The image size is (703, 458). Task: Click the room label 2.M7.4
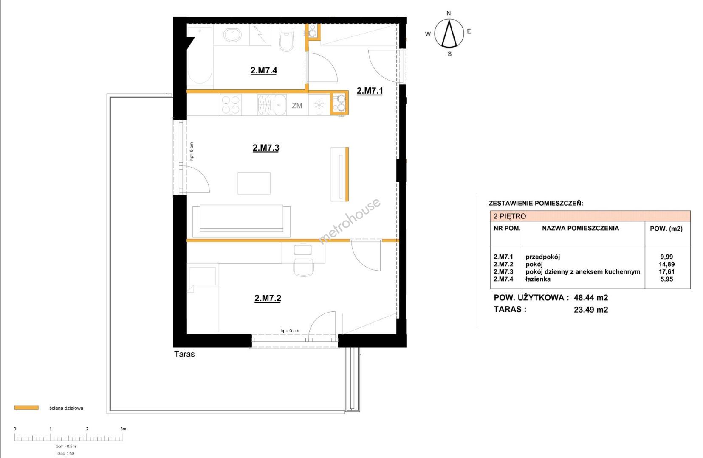click(x=264, y=70)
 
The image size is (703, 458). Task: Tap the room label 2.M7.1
click(x=370, y=91)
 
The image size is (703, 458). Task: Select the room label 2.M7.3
click(x=266, y=148)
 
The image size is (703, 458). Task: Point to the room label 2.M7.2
click(x=267, y=298)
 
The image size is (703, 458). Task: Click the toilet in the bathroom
click(x=286, y=40)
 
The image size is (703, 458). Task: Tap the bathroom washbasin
click(x=232, y=35)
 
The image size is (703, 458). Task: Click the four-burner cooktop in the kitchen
click(x=231, y=105)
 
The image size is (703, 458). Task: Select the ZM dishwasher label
click(x=297, y=106)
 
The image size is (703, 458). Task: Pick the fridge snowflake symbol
click(x=319, y=105)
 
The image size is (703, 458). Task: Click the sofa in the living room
click(x=241, y=221)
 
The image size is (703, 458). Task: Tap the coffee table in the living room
click(x=254, y=183)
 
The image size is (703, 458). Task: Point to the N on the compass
click(x=449, y=13)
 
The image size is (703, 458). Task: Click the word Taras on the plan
click(x=184, y=354)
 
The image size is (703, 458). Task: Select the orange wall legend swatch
click(x=26, y=408)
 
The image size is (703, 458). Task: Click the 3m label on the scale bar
click(x=123, y=429)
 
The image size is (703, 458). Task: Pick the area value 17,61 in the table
click(x=666, y=271)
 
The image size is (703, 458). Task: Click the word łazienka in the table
click(x=538, y=279)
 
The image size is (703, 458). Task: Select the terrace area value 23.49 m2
click(x=591, y=310)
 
